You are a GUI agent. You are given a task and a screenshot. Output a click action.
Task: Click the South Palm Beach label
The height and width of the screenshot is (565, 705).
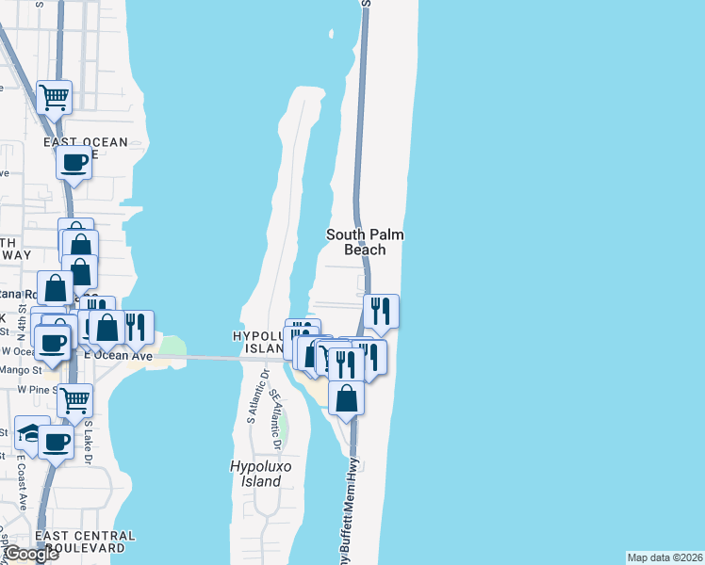coord(356,242)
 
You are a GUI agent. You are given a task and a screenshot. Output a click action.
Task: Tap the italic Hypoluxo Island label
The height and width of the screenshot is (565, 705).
coord(256,474)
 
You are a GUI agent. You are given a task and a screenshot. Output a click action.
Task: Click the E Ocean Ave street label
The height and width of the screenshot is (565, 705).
coord(118,356)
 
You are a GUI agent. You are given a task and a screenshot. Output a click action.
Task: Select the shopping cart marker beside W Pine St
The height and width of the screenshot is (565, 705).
coord(75,399)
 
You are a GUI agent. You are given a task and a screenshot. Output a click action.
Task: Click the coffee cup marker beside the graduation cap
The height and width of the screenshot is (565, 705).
coord(56,441)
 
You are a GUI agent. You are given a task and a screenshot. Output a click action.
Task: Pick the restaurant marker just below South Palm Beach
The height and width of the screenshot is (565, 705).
coord(381,311)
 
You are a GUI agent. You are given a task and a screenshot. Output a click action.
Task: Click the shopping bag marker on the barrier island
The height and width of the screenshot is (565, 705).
coord(347,396)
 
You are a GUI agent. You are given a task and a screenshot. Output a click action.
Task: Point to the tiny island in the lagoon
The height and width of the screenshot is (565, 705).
coord(332,35)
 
